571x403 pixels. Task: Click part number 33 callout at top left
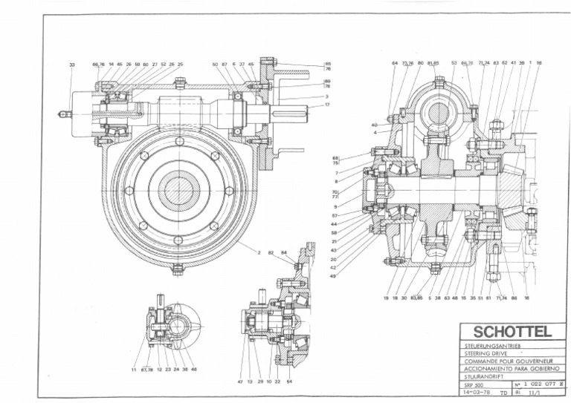coord(72,65)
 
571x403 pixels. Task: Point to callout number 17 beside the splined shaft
coord(326,105)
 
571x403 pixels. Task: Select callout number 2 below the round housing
coord(259,252)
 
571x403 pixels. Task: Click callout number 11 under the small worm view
coord(134,369)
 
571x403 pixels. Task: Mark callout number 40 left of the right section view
coord(375,125)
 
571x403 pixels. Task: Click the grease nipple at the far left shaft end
coord(62,115)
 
